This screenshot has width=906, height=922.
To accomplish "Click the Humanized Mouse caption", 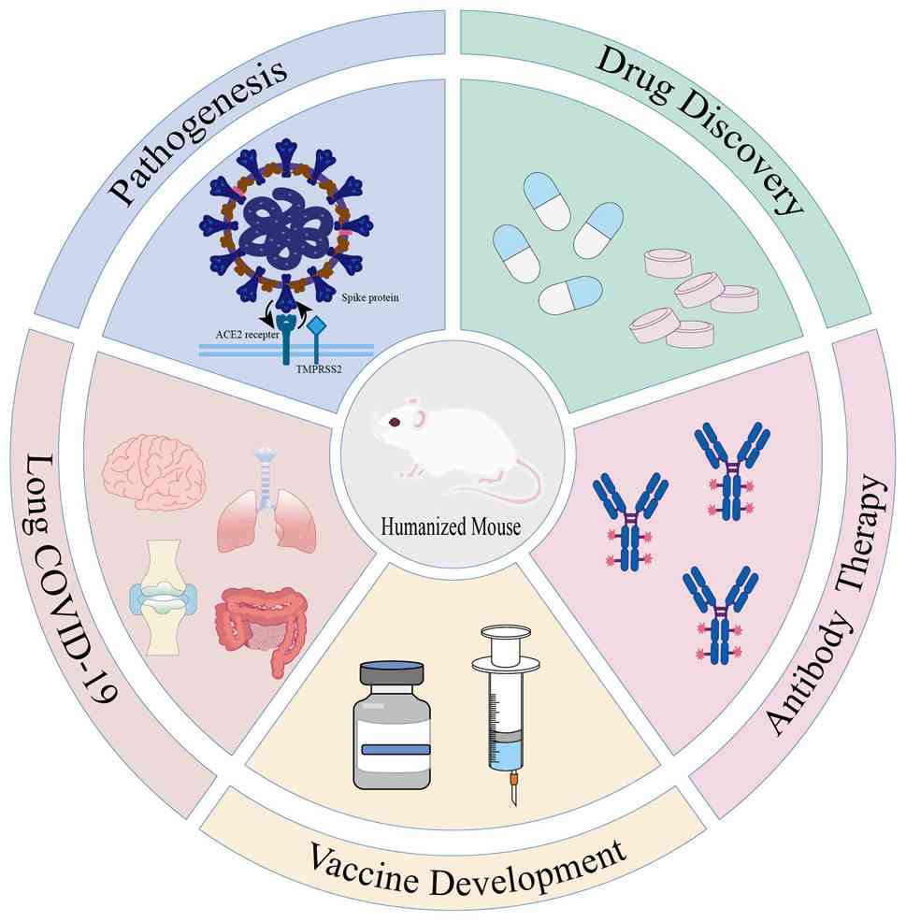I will (451, 527).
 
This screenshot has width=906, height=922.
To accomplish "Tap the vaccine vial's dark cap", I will (391, 673).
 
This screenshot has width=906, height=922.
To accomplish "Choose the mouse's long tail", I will (505, 486).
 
